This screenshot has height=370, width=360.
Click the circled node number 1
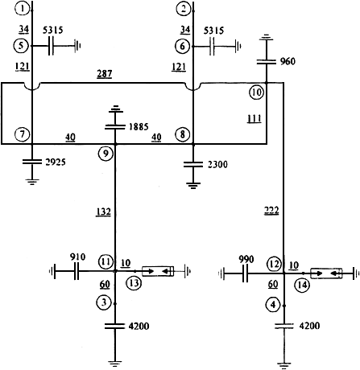click(23, 9)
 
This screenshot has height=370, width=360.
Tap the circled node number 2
click(183, 9)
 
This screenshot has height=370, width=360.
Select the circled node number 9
click(106, 154)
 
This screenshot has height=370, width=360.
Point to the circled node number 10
click(256, 92)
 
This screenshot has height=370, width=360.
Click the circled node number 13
click(134, 283)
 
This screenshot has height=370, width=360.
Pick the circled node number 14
click(302, 285)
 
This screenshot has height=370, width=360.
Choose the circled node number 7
click(22, 134)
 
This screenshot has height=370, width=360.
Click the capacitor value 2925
click(56, 162)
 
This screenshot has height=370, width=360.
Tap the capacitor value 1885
click(139, 126)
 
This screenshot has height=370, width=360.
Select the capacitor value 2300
click(217, 164)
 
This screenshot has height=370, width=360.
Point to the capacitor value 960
click(288, 62)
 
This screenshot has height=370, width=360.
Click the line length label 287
click(105, 74)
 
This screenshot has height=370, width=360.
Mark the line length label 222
click(271, 211)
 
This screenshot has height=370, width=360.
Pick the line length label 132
click(103, 212)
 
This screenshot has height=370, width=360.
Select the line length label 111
click(254, 118)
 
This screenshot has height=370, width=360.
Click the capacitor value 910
click(78, 257)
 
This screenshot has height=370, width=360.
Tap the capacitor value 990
click(246, 260)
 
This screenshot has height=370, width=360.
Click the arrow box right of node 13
click(158, 271)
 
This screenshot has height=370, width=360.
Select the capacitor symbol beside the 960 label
click(267, 62)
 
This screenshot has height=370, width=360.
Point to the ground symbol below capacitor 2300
click(192, 186)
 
